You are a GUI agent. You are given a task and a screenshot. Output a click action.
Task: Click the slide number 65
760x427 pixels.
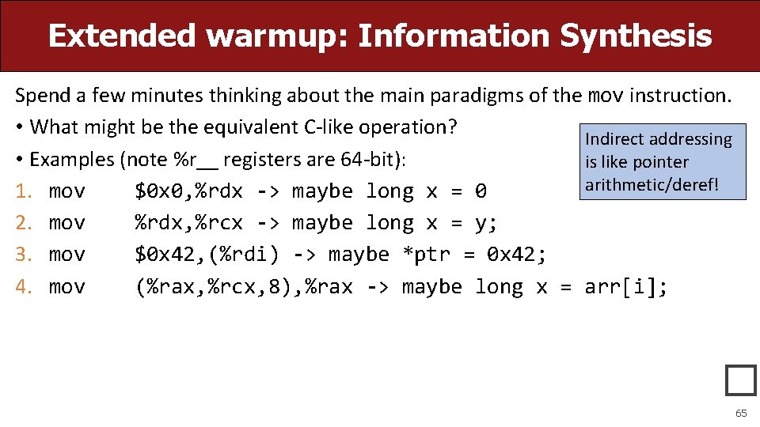[x=741, y=414]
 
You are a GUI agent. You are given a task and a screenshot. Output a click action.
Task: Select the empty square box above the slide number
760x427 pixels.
[x=740, y=380]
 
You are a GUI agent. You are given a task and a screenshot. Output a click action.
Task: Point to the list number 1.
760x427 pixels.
[x=22, y=191]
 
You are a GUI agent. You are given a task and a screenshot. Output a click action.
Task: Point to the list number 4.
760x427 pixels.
[x=22, y=286]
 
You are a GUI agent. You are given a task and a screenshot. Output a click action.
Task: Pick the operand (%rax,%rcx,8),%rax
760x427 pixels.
[x=244, y=286]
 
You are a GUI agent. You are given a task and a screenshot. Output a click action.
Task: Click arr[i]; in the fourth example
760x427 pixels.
[x=626, y=286]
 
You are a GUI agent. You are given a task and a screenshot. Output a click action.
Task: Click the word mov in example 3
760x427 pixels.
[x=66, y=255]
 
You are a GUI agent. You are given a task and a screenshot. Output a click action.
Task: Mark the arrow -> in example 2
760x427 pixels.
[x=268, y=223]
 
